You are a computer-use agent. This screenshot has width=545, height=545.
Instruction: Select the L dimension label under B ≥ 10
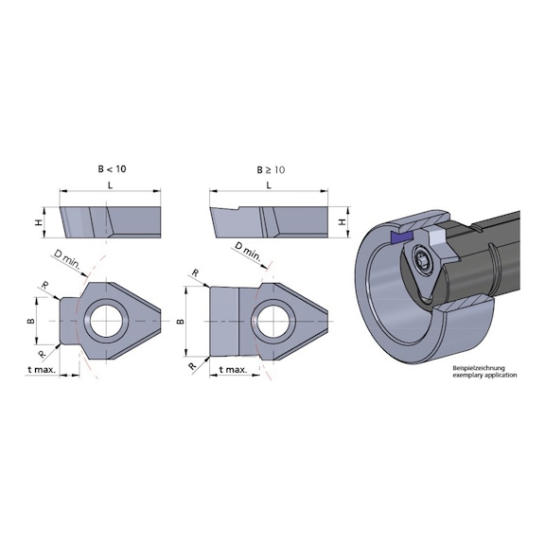coord(270,187)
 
